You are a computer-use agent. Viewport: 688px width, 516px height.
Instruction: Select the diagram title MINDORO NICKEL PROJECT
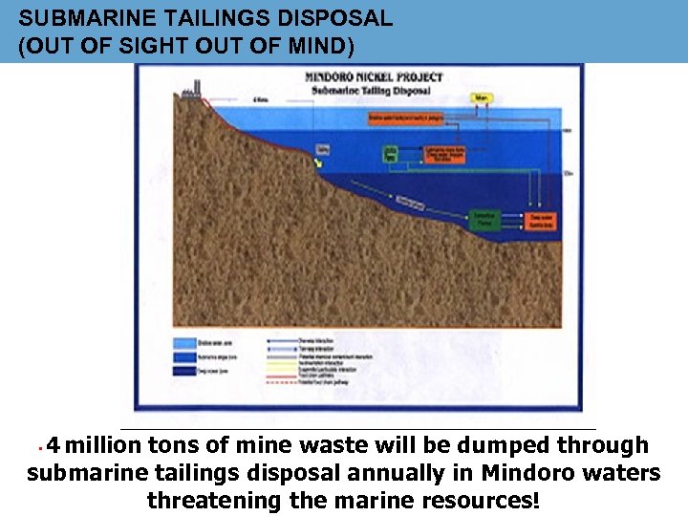pos(372,77)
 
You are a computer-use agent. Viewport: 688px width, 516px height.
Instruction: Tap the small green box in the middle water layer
pos(390,153)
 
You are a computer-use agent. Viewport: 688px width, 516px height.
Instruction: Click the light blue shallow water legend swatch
pos(184,343)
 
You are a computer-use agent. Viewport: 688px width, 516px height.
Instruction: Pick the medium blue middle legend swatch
pos(184,356)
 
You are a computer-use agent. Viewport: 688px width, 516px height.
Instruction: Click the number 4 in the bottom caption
pos(54,445)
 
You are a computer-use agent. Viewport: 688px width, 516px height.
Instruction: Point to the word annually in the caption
pos(423,473)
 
